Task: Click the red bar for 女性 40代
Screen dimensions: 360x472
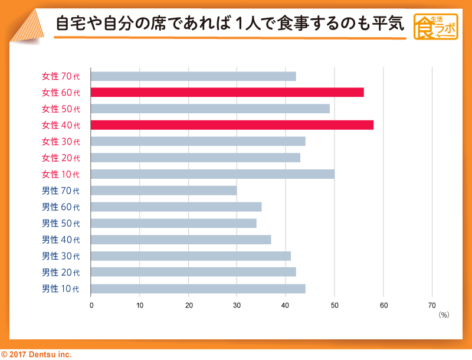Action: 232,125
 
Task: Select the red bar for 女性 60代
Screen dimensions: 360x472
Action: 227,93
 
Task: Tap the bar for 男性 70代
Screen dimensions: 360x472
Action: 164,191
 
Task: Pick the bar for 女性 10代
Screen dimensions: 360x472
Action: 212,174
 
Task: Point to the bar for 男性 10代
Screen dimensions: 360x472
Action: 198,289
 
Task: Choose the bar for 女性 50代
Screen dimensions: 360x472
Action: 210,109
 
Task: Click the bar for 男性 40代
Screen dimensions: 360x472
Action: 181,240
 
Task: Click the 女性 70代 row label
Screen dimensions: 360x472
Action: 61,76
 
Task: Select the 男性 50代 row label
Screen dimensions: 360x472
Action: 61,224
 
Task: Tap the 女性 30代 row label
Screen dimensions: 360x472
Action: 61,142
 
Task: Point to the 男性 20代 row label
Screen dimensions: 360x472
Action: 61,273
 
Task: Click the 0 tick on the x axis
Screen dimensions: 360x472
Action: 91,305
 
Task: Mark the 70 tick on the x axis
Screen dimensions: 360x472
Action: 431,305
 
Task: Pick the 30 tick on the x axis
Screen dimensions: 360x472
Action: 237,305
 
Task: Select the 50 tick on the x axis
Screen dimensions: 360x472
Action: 335,305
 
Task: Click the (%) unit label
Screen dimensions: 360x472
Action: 444,315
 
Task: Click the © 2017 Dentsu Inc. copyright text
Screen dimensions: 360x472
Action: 36,354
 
